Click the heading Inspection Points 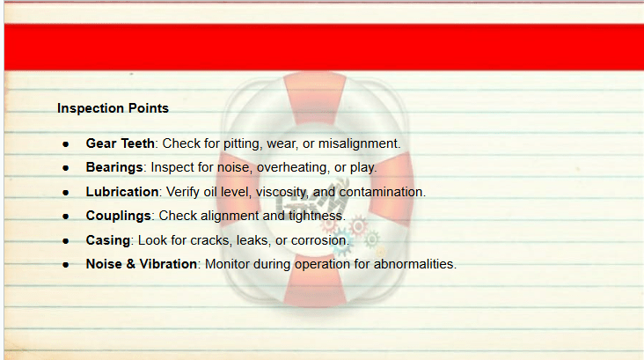113,108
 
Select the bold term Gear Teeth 120,143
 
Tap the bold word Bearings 114,167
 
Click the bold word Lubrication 122,192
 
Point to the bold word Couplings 118,217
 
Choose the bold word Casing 108,240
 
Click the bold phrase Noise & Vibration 142,264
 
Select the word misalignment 358,143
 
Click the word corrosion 318,240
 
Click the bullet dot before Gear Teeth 66,144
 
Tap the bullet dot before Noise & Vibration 66,265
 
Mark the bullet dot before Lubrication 66,193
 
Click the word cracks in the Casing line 209,240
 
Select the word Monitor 227,264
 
